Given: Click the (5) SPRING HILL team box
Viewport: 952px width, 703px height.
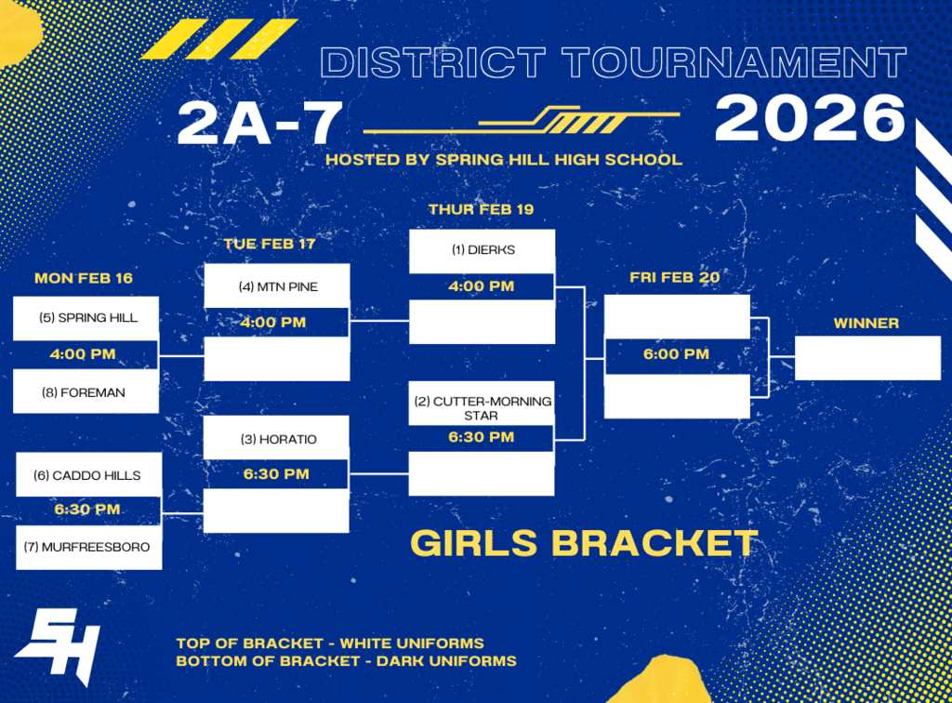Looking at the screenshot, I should tap(86, 318).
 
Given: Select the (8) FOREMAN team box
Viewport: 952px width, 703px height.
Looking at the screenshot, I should tap(86, 392).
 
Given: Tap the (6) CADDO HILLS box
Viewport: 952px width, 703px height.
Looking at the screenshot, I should tap(89, 475).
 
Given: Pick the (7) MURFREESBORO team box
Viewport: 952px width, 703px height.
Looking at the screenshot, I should tap(89, 547).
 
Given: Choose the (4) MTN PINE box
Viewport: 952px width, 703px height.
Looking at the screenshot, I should tap(276, 287).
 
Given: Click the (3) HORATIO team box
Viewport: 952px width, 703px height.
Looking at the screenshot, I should tap(276, 439).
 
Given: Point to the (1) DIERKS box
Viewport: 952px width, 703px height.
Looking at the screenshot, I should tap(482, 250).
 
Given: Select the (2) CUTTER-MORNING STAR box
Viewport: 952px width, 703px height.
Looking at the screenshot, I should tap(482, 408).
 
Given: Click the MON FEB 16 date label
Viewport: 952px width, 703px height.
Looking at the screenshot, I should tap(83, 278).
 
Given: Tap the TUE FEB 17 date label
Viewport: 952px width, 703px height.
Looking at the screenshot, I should tap(270, 244).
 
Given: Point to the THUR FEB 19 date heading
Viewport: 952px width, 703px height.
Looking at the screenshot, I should tap(481, 209).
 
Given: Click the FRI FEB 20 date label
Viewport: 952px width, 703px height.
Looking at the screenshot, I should tap(674, 277).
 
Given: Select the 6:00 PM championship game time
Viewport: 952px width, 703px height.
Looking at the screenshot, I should tap(676, 354).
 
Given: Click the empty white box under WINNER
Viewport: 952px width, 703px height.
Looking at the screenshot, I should tap(867, 358).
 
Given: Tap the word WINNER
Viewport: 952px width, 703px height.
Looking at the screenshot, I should tap(866, 324).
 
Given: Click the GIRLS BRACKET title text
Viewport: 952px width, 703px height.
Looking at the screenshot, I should tap(584, 543).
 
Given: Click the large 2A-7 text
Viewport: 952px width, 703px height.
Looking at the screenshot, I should tap(259, 124).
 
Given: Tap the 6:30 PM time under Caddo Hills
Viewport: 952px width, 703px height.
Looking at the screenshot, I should tap(87, 510).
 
